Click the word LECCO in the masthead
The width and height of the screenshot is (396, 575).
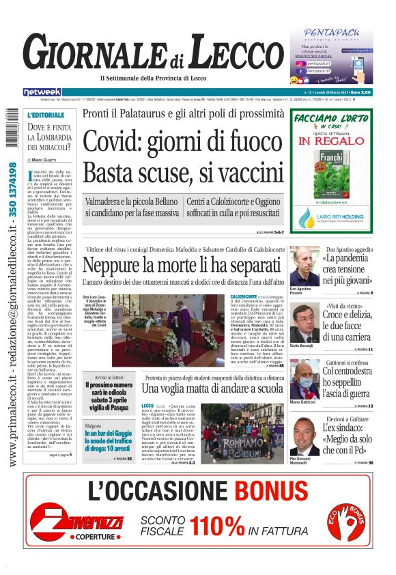(x=231, y=53)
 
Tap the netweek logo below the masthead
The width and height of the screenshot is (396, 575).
(x=42, y=92)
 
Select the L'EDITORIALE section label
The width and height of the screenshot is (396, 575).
(x=46, y=115)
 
